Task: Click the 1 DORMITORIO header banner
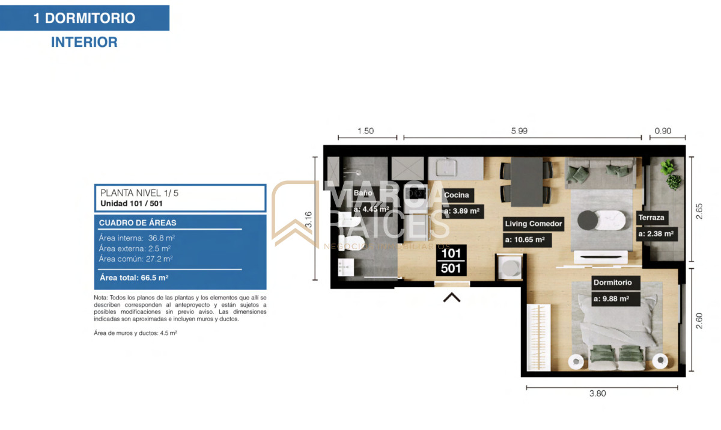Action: tap(84, 18)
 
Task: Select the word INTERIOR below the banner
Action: tap(84, 43)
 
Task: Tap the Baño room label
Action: tap(364, 193)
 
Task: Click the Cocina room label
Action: tap(457, 195)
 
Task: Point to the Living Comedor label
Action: tap(534, 224)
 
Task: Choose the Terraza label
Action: tap(651, 218)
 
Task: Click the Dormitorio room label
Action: tap(612, 282)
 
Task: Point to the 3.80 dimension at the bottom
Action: tap(597, 394)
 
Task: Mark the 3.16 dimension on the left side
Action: tap(308, 220)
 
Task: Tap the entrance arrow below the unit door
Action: tap(451, 296)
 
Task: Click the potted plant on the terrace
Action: tap(669, 171)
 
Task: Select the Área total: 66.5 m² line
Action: tap(134, 278)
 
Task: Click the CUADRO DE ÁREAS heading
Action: tap(138, 223)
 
